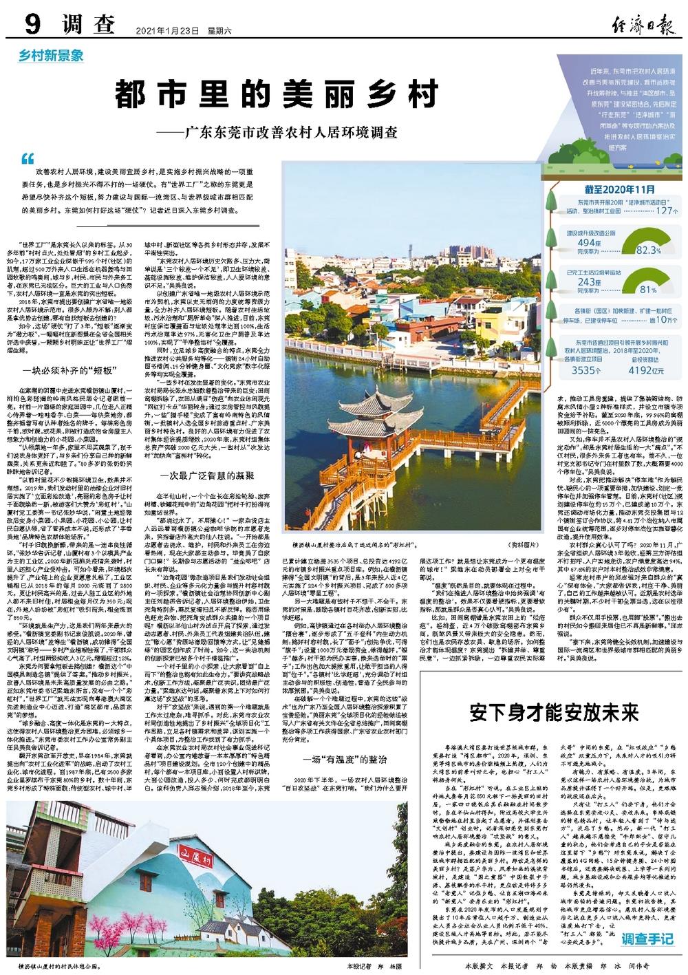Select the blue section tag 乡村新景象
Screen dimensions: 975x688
point(52,56)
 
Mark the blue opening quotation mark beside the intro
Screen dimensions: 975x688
point(28,158)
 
